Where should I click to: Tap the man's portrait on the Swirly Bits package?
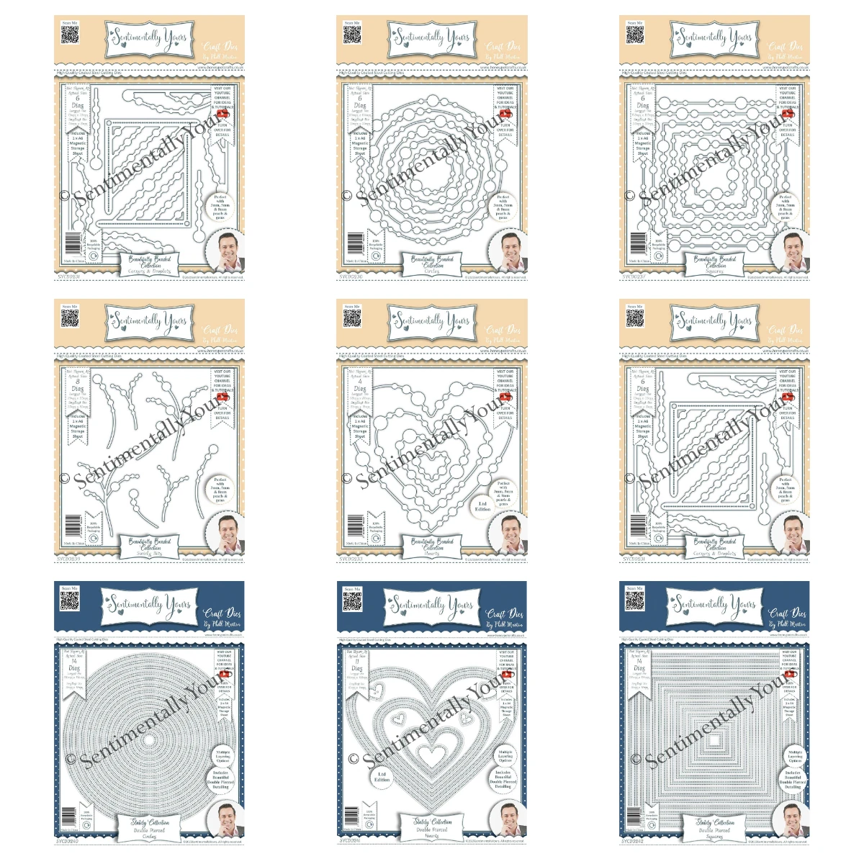pyautogui.click(x=224, y=534)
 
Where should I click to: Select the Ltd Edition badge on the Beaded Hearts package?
pyautogui.click(x=482, y=506)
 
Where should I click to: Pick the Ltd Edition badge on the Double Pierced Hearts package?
pyautogui.click(x=382, y=777)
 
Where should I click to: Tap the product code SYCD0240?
pyautogui.click(x=68, y=840)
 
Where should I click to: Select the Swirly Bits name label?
pyautogui.click(x=150, y=546)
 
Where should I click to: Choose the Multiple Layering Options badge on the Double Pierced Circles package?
pyautogui.click(x=222, y=756)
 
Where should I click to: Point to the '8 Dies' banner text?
pyautogui.click(x=77, y=386)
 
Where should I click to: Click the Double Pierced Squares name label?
pyautogui.click(x=715, y=829)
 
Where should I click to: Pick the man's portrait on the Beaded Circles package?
pyautogui.click(x=507, y=251)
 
